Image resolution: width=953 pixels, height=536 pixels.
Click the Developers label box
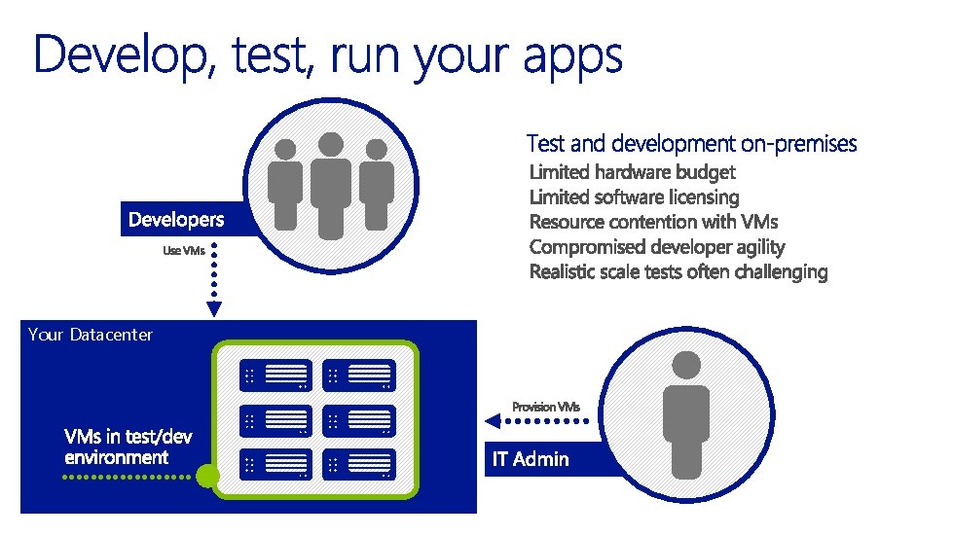point(176,220)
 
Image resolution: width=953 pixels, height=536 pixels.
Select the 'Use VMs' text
point(183,252)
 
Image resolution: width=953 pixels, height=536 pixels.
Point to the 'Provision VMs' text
point(546,406)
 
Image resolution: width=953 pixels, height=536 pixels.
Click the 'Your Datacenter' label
point(91,335)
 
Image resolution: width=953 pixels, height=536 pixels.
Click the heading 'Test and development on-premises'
point(691,144)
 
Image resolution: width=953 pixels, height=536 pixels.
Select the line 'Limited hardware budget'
point(632,172)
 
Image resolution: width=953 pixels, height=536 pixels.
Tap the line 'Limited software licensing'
point(634,197)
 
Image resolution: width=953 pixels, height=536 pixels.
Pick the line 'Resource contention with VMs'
point(653,222)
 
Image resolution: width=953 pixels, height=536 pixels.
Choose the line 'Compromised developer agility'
point(656,247)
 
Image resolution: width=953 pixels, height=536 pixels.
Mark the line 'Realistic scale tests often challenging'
point(678,272)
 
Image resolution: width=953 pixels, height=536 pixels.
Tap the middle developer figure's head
point(332,144)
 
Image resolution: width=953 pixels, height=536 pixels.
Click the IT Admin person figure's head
point(686,366)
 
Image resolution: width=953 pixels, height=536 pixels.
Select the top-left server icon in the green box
point(275,375)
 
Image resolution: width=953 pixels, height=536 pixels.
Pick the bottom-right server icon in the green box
point(359,464)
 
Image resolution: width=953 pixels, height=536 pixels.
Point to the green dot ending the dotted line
point(206,477)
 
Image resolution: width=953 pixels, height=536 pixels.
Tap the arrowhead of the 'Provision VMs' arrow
point(493,421)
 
